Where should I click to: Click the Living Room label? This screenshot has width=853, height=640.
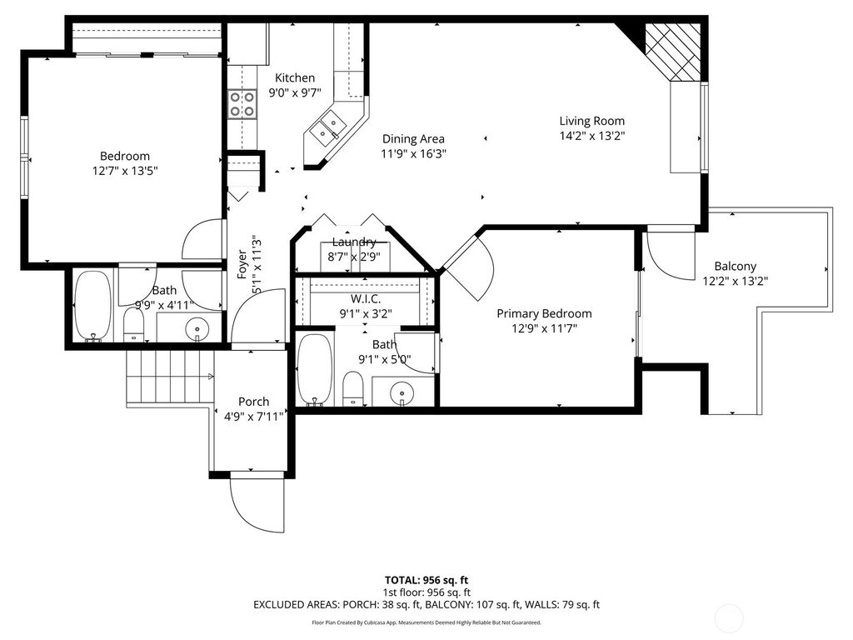click(x=591, y=121)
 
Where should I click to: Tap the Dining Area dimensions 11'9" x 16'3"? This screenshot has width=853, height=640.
click(x=413, y=154)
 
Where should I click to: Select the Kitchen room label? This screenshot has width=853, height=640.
click(x=295, y=78)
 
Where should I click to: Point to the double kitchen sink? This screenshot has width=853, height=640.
click(x=327, y=128)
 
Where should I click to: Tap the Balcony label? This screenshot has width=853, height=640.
click(x=735, y=267)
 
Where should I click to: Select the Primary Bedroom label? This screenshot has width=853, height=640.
click(x=544, y=313)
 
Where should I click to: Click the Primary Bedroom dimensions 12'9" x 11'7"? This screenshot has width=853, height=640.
click(x=544, y=328)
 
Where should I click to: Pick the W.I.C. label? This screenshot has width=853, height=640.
click(x=366, y=298)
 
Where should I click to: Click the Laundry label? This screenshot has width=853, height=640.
click(x=352, y=242)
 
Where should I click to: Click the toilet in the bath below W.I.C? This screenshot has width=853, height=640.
click(x=353, y=387)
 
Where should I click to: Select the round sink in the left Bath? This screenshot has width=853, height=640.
click(x=197, y=328)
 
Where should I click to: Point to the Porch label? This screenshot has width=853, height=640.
click(x=253, y=402)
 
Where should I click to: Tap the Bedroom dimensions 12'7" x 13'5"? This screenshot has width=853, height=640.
click(x=124, y=171)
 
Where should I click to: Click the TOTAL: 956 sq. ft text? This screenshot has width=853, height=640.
click(x=426, y=580)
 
